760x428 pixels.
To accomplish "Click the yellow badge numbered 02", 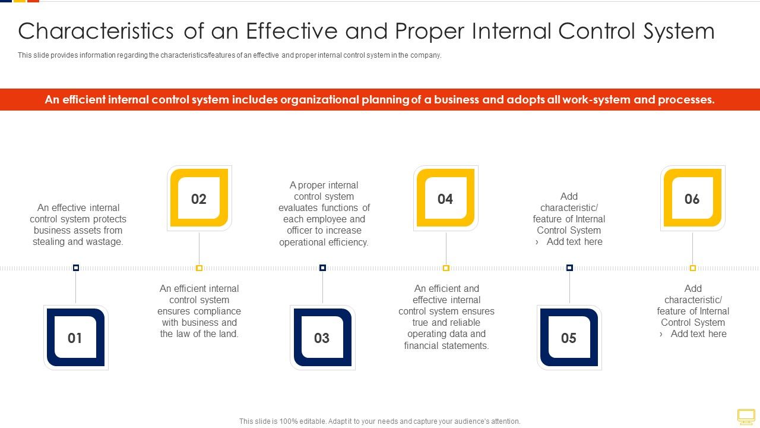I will point(199,199).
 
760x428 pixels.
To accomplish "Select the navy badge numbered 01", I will point(75,338).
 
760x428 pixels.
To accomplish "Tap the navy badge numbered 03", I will point(322,338).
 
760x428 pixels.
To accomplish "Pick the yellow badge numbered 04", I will point(445,199).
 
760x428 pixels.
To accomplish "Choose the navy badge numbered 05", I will point(569,338).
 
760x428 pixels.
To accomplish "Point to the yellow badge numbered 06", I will point(692,199).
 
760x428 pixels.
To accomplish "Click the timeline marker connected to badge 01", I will point(76,268).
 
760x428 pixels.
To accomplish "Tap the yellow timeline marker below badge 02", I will point(199,268).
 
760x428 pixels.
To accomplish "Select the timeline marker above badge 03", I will point(322,268).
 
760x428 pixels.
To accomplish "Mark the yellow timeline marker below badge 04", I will point(446,268).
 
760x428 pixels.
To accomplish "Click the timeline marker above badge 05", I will point(569,268).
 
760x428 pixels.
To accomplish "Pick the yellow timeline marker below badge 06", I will point(692,268).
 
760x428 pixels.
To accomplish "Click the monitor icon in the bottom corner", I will point(746,416).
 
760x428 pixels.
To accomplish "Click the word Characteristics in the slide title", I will point(96,31).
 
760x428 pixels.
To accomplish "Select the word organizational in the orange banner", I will point(328,100).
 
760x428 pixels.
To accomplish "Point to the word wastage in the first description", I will point(105,242).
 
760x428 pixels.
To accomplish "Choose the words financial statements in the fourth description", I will point(446,345).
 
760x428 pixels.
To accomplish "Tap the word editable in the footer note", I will point(309,421).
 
